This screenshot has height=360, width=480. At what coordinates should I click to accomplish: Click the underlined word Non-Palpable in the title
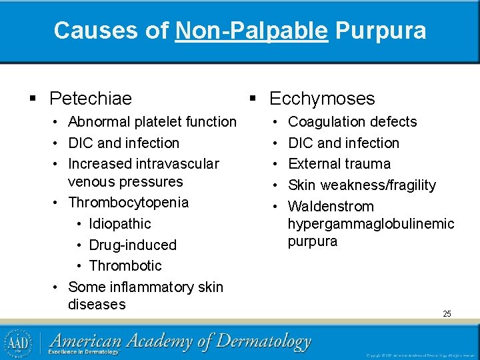click(x=251, y=30)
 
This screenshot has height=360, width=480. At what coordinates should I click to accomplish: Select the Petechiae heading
click(x=91, y=99)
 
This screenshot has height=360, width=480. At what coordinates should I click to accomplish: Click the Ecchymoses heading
click(x=322, y=99)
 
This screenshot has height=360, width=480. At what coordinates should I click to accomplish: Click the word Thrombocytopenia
click(x=128, y=202)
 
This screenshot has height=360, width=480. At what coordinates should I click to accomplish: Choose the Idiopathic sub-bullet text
click(x=120, y=223)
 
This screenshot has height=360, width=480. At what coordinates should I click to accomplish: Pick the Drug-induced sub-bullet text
click(x=133, y=245)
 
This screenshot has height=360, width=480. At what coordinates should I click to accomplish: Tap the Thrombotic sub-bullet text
click(x=125, y=265)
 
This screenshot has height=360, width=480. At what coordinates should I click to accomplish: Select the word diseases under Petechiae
click(x=97, y=304)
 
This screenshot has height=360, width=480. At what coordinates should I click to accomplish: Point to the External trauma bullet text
click(x=339, y=163)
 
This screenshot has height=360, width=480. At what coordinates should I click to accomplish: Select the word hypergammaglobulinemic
click(x=371, y=223)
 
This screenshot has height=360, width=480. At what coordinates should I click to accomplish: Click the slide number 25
click(x=447, y=313)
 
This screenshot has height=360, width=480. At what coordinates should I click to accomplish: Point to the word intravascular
click(x=177, y=163)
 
